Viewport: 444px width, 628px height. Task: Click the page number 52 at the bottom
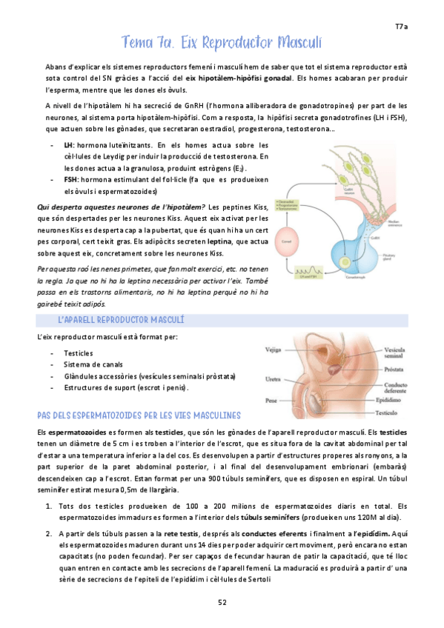pyautogui.click(x=222, y=602)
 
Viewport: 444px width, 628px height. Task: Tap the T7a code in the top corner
pyautogui.click(x=401, y=27)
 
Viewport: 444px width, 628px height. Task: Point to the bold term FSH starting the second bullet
pyautogui.click(x=70, y=180)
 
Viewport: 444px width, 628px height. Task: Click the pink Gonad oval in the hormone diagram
pyautogui.click(x=286, y=239)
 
